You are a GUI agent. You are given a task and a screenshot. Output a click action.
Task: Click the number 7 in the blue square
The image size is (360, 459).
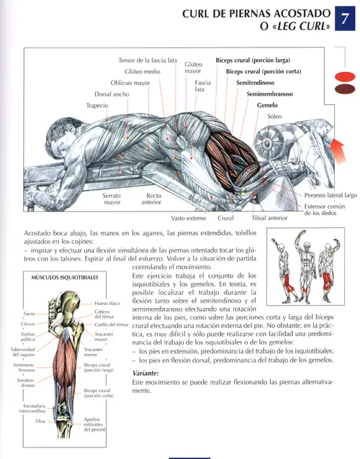click(345, 19)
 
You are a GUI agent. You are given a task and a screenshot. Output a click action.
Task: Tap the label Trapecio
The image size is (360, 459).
click(97, 105)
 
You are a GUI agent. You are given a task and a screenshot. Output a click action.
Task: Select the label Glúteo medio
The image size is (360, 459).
click(143, 71)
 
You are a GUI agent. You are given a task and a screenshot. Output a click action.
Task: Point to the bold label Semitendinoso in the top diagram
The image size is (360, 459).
click(255, 83)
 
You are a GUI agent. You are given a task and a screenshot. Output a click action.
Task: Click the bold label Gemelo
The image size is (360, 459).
click(267, 105)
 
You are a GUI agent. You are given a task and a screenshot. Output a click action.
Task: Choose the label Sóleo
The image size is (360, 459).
click(274, 117)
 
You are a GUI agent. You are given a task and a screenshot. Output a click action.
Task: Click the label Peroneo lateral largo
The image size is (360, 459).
click(330, 195)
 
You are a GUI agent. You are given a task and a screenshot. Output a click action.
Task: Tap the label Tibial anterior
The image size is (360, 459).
click(269, 218)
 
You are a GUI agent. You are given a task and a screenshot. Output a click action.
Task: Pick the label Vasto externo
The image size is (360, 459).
click(189, 218)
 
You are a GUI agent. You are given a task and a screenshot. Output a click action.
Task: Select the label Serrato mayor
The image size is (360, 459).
click(112, 199)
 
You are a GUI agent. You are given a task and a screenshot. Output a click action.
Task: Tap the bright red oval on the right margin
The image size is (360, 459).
click(345, 76)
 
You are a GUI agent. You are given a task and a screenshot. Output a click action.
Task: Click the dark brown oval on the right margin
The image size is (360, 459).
click(345, 89)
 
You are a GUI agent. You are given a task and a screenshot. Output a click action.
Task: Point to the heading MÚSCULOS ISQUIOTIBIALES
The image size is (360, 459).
click(65, 278)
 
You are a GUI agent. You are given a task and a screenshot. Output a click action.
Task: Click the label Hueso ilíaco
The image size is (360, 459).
click(107, 304)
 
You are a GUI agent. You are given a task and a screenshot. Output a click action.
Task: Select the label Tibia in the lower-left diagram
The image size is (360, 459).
click(40, 422)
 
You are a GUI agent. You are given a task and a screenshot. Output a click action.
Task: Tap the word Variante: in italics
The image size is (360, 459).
click(145, 373)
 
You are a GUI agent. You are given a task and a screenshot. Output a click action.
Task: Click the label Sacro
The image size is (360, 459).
click(30, 314)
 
